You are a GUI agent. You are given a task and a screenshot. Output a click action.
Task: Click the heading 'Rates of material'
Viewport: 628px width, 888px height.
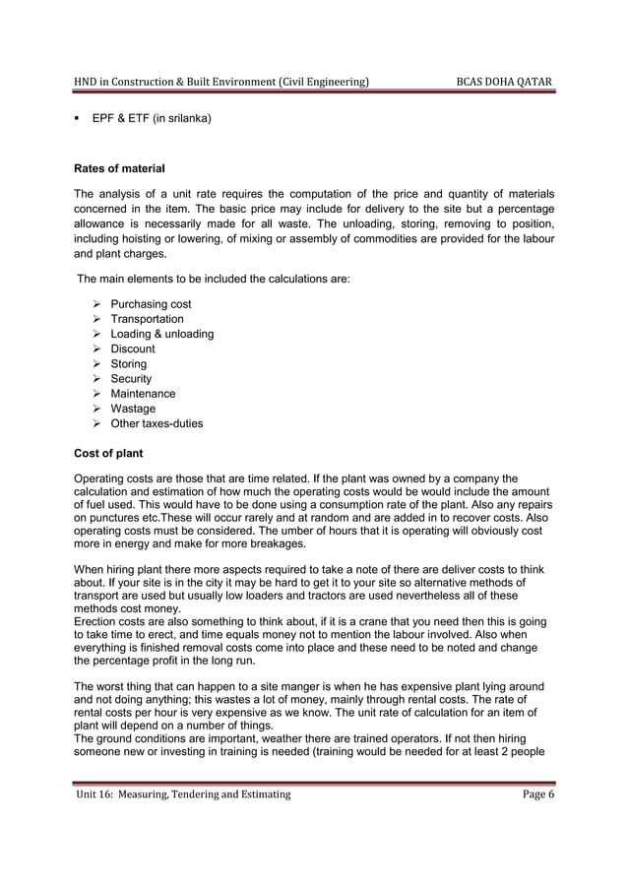click(x=119, y=168)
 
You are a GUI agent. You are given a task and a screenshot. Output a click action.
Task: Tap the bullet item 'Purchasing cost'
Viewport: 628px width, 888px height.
click(x=151, y=304)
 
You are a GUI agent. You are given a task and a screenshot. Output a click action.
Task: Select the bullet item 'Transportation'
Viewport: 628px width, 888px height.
click(x=147, y=319)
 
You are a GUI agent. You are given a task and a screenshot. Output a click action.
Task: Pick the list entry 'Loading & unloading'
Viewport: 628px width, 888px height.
click(x=161, y=334)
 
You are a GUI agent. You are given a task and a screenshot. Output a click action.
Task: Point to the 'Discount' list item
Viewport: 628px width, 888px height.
click(x=132, y=349)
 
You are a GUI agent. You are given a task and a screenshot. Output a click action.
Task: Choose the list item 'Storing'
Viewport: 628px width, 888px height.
click(x=128, y=364)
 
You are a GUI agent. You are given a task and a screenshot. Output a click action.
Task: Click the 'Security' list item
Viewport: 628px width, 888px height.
click(x=131, y=379)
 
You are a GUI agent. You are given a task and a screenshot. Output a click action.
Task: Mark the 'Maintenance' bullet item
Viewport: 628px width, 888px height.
click(x=143, y=394)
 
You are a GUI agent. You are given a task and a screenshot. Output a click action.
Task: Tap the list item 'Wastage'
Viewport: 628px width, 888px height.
click(x=133, y=409)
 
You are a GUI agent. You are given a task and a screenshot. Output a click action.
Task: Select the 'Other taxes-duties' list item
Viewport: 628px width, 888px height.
click(x=157, y=424)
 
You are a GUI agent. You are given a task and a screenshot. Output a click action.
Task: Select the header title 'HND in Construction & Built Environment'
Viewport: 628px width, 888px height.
click(x=222, y=80)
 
